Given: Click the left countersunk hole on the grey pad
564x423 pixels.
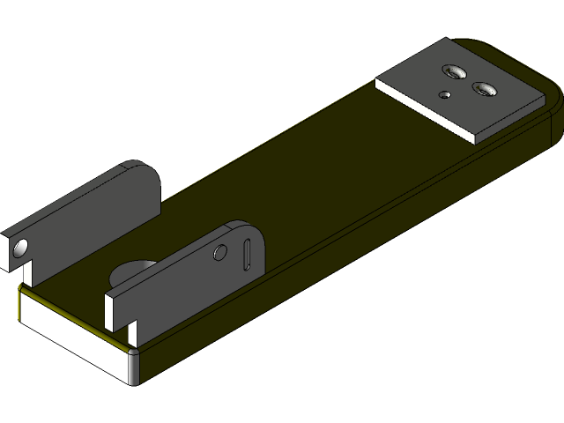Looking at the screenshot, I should pyautogui.click(x=455, y=70).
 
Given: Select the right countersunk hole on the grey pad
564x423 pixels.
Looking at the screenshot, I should pyautogui.click(x=484, y=88).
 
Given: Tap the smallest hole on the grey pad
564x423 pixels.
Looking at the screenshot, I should pyautogui.click(x=446, y=93).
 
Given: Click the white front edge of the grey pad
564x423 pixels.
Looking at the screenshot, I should pyautogui.click(x=423, y=109).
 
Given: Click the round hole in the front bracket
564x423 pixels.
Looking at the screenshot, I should pyautogui.click(x=220, y=254).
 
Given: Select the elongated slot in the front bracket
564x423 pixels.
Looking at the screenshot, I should pyautogui.click(x=248, y=254).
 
